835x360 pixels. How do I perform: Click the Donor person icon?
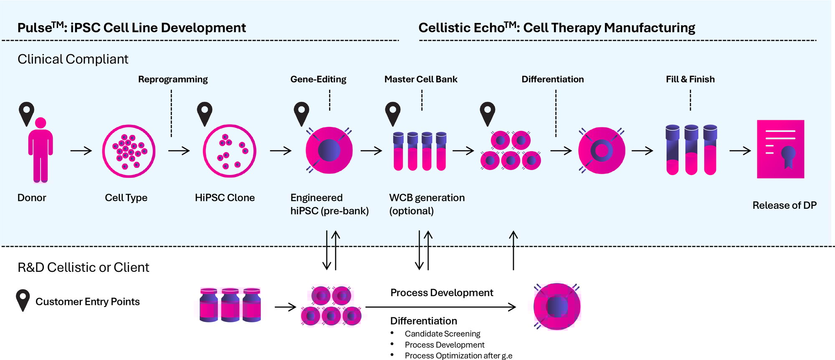40,150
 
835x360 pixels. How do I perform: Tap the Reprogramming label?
173,79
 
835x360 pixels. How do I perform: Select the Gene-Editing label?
318,79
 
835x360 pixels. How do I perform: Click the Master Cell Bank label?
421,79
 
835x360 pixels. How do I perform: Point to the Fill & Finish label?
690,79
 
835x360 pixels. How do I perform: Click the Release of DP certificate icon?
780,149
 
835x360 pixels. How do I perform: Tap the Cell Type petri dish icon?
129,151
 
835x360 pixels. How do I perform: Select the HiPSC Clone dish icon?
229,151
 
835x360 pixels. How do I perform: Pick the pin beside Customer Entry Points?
23,300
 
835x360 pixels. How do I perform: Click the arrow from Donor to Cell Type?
81,151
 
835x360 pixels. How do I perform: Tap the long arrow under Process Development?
440,307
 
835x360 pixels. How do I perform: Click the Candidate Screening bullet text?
442,334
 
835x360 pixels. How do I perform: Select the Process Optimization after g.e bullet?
458,355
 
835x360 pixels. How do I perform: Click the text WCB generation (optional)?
427,204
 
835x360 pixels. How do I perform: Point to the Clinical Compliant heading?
73,59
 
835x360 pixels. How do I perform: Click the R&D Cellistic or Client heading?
83,267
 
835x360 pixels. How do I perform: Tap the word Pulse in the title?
35,28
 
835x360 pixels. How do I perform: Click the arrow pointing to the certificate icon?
740,151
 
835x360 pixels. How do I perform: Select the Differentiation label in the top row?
552,79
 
